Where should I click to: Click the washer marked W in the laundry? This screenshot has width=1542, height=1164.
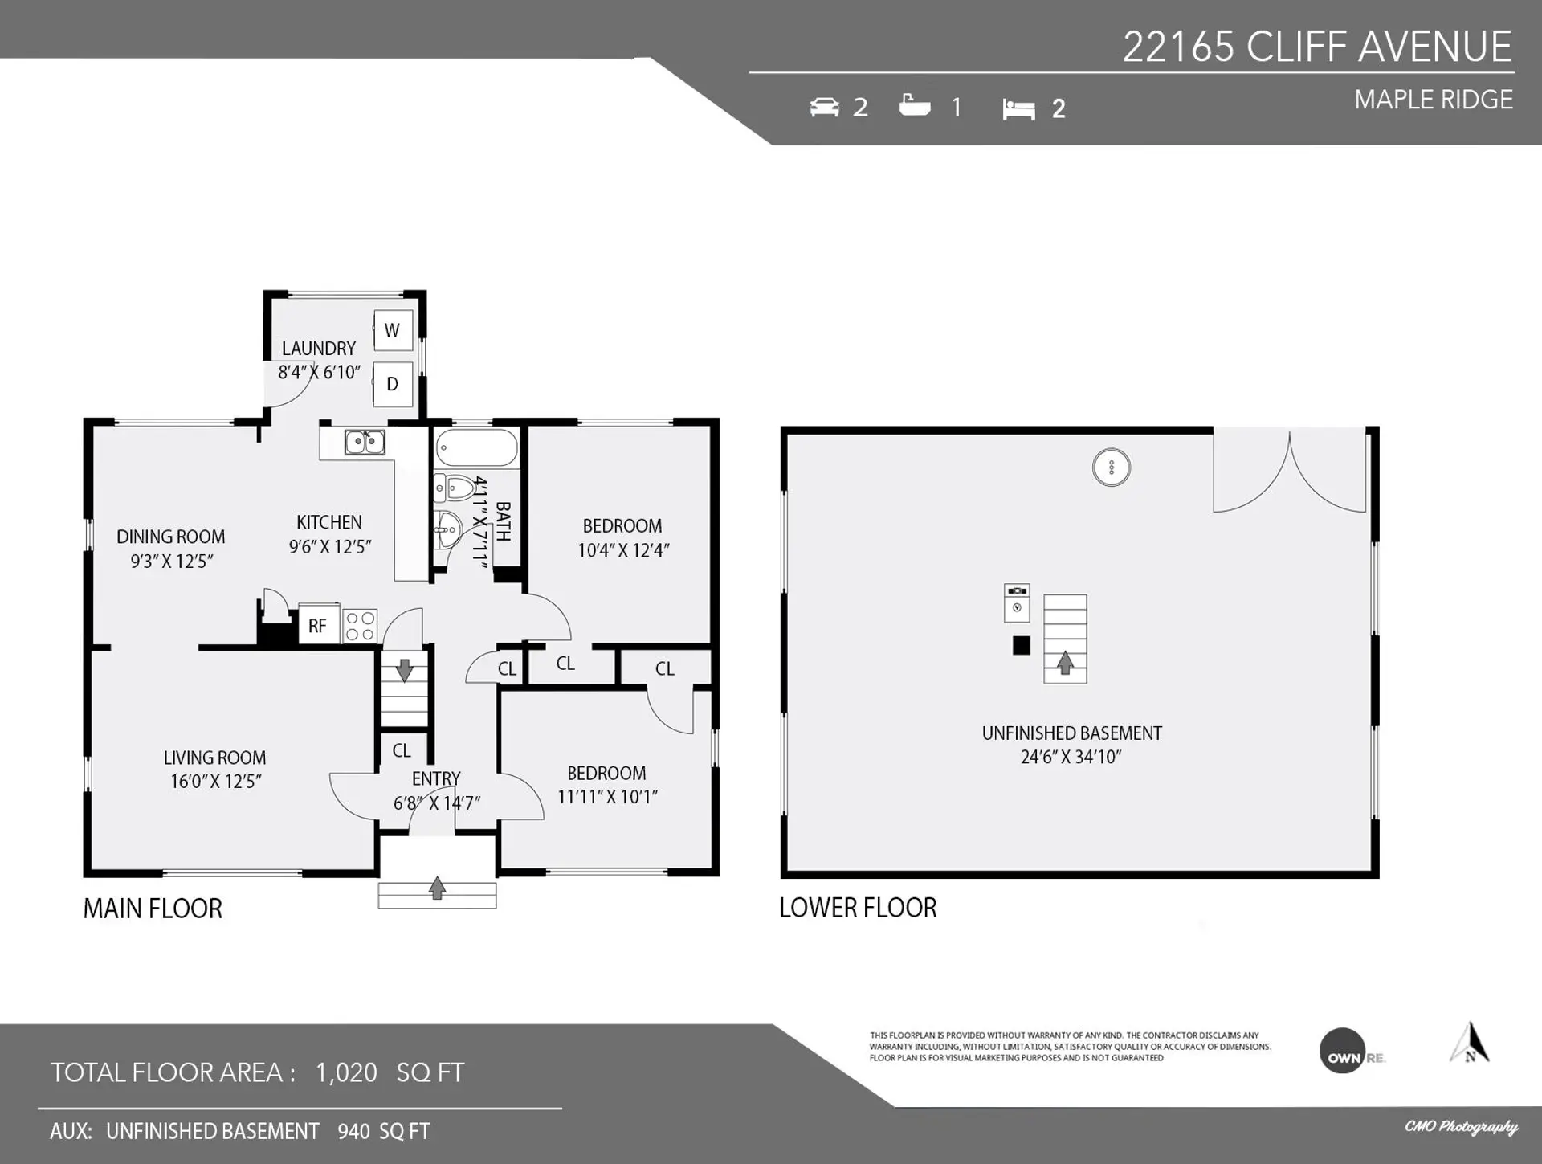click(x=393, y=330)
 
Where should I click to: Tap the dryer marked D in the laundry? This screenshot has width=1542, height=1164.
click(x=393, y=384)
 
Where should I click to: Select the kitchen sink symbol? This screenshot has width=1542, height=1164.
click(x=365, y=442)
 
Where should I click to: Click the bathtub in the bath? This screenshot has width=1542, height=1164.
click(x=476, y=448)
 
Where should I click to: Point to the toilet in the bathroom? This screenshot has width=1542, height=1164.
click(x=455, y=488)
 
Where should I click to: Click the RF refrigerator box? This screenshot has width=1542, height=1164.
click(x=318, y=625)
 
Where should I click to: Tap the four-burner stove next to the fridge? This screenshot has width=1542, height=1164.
click(x=360, y=626)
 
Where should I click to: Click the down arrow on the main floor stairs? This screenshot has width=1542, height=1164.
click(x=404, y=669)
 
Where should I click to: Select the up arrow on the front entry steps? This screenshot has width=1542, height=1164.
click(x=437, y=888)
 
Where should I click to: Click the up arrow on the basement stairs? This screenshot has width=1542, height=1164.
click(x=1065, y=663)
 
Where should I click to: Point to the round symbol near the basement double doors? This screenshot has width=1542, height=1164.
click(x=1112, y=467)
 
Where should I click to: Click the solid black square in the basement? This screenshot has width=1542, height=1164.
click(x=1021, y=645)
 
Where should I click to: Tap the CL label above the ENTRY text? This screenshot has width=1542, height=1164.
click(x=402, y=750)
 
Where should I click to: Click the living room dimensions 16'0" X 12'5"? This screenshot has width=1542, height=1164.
click(x=215, y=782)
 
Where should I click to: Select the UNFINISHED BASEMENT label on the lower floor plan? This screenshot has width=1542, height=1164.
click(x=1071, y=733)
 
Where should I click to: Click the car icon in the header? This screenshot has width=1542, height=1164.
click(x=824, y=107)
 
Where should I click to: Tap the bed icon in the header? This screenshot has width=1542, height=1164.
click(x=1018, y=109)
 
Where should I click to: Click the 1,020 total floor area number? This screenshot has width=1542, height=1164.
click(x=346, y=1072)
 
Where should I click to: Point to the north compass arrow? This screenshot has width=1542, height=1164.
click(x=1470, y=1043)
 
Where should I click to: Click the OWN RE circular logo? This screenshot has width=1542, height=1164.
click(x=1343, y=1051)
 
